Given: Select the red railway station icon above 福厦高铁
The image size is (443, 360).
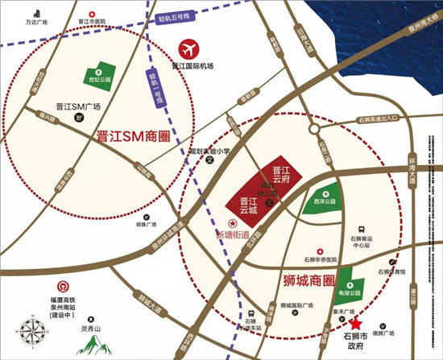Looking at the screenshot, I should point(62,287).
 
